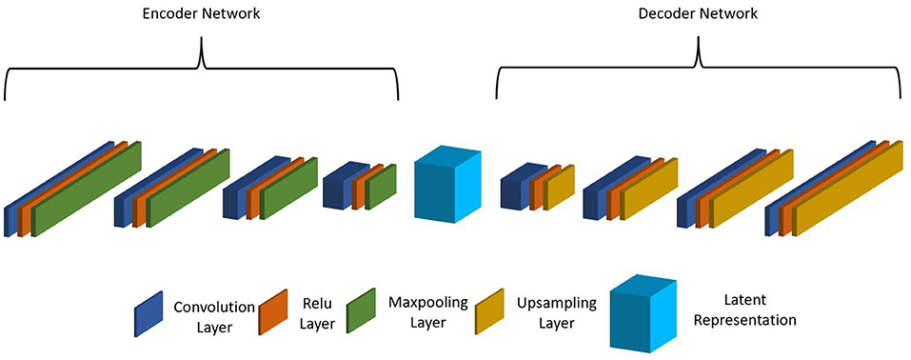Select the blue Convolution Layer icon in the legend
tap(149, 315)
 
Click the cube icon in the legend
tap(644, 311)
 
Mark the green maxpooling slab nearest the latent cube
tap(381, 186)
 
